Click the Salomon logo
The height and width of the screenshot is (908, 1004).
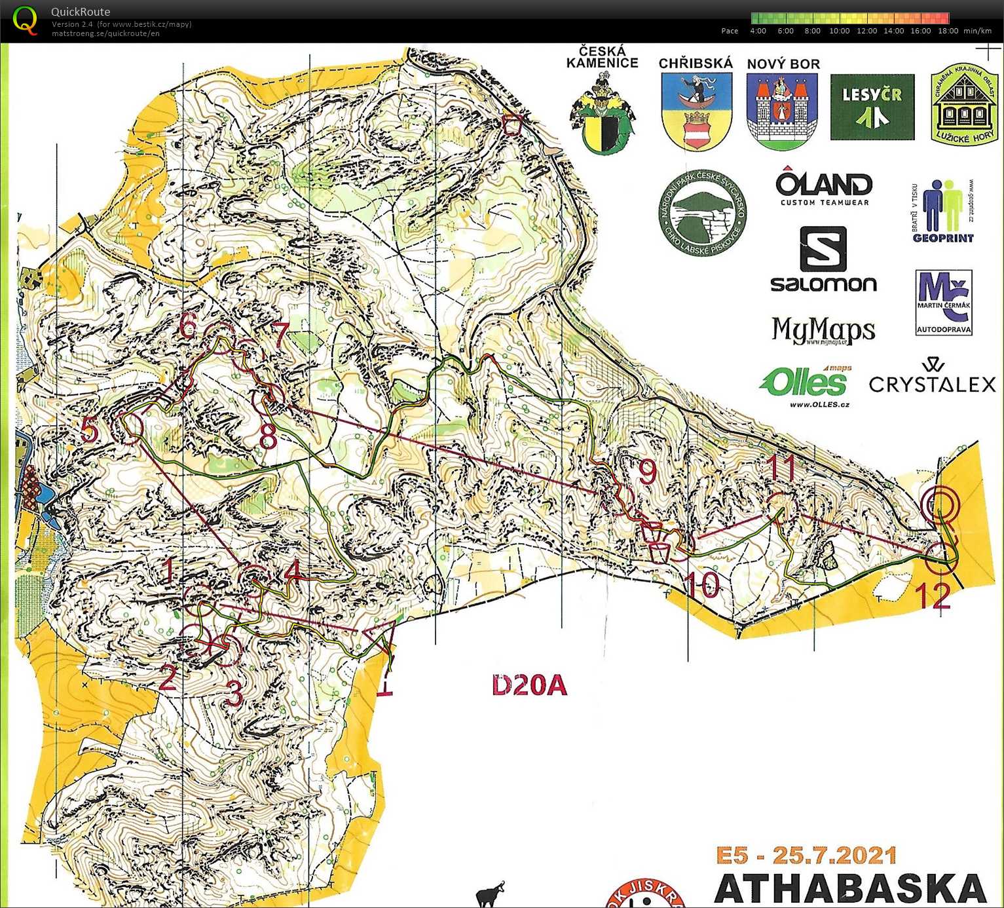coord(823,259)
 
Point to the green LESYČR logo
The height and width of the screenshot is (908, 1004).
coord(872,107)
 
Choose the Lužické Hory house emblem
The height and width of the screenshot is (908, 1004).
coord(964,105)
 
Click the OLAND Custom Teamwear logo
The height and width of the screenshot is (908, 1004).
coord(824,187)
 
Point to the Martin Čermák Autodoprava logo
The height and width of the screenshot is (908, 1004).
coord(944,303)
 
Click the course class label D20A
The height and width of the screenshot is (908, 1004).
coord(529,685)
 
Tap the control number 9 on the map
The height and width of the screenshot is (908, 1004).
coord(647,472)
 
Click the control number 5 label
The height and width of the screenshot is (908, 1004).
coord(90,430)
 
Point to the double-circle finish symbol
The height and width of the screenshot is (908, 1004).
coord(940,505)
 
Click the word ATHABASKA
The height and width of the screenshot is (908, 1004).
coord(850,889)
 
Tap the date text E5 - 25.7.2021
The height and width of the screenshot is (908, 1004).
coord(806,856)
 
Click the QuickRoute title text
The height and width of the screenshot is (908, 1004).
coord(81,12)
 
